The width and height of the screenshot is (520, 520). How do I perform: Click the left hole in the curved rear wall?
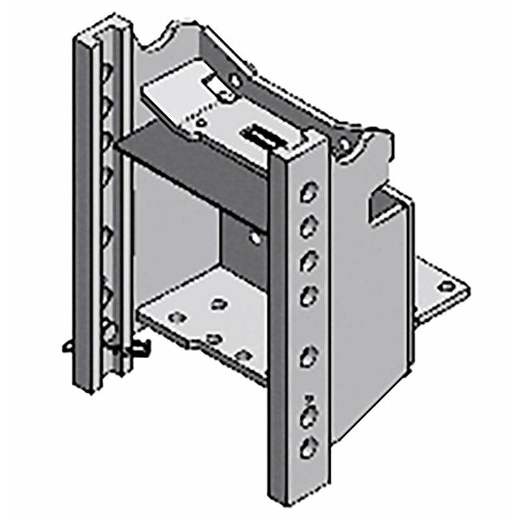click(235, 80)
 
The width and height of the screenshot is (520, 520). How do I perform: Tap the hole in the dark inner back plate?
click(255, 239)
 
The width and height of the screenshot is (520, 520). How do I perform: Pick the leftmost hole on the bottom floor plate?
click(173, 317)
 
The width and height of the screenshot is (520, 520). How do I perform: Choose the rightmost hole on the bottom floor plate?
click(245, 355)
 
